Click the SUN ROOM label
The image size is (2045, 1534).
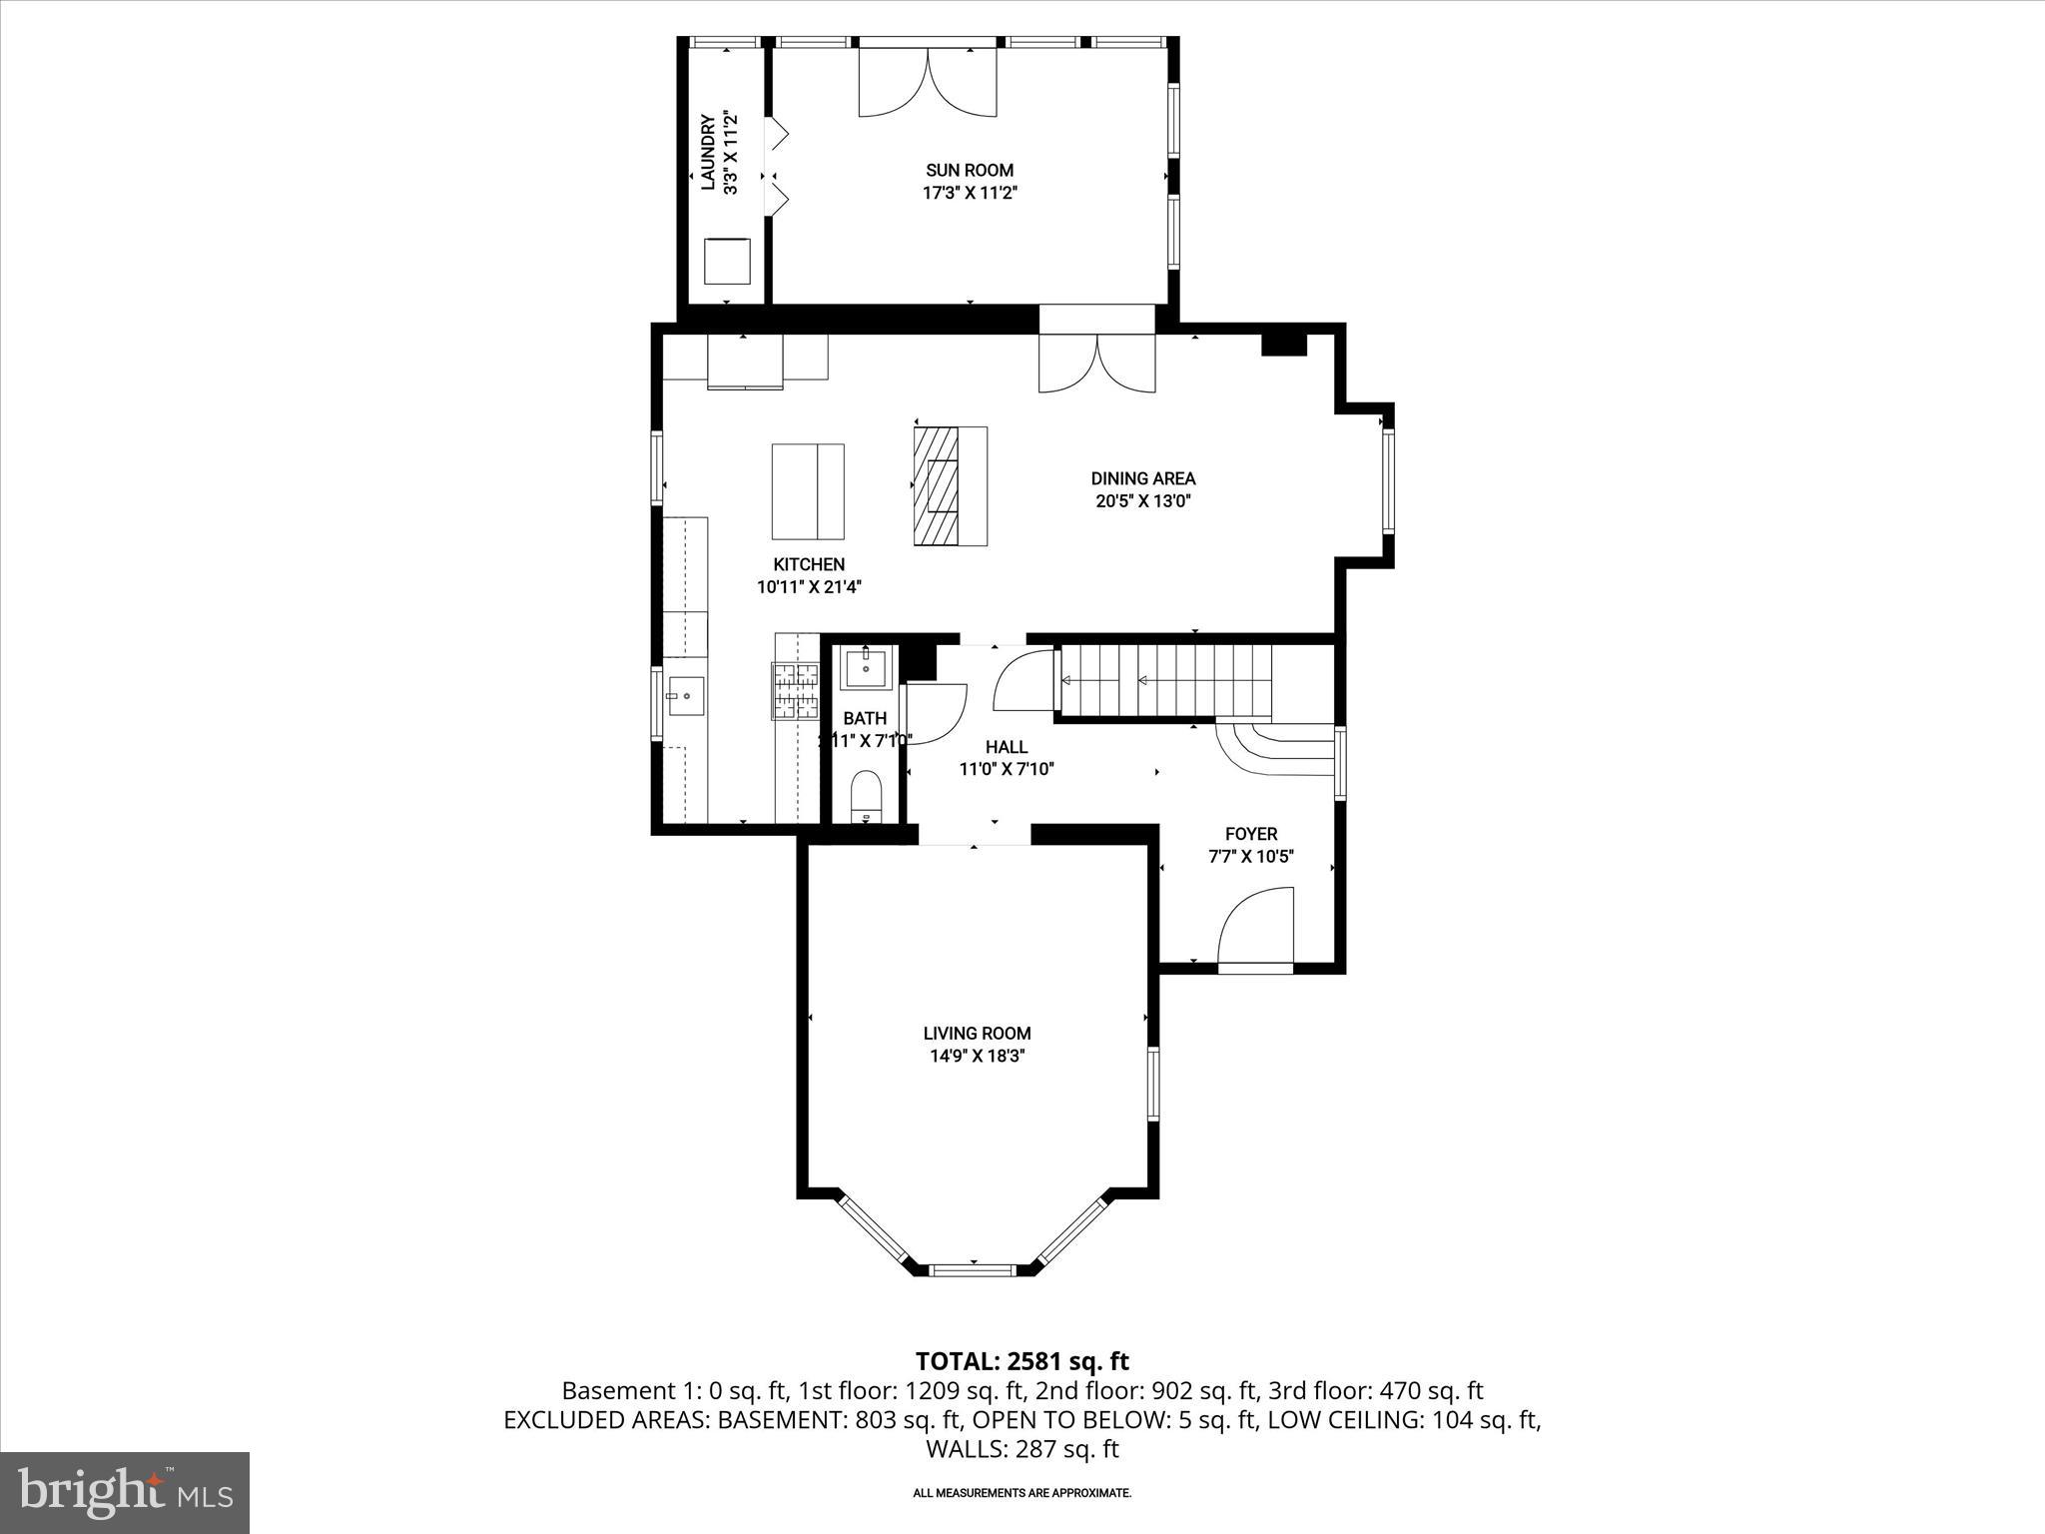pyautogui.click(x=969, y=171)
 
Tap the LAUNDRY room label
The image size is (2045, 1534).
pyautogui.click(x=707, y=152)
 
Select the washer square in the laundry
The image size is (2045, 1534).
pyautogui.click(x=727, y=262)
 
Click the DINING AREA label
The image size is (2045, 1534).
pyautogui.click(x=1142, y=479)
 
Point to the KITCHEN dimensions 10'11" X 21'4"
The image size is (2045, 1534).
pyautogui.click(x=809, y=587)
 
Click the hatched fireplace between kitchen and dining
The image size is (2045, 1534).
pyautogui.click(x=935, y=485)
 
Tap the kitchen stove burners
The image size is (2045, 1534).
pyautogui.click(x=795, y=691)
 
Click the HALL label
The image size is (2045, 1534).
pyautogui.click(x=1006, y=747)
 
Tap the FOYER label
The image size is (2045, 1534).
pyautogui.click(x=1250, y=834)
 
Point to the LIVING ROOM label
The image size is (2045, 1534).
pyautogui.click(x=976, y=1034)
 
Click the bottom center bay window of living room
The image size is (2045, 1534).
pyautogui.click(x=973, y=1270)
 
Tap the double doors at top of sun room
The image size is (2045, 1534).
pyautogui.click(x=928, y=82)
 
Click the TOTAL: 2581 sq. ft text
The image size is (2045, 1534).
pyautogui.click(x=1022, y=1361)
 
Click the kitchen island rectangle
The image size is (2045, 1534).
pyautogui.click(x=807, y=490)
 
